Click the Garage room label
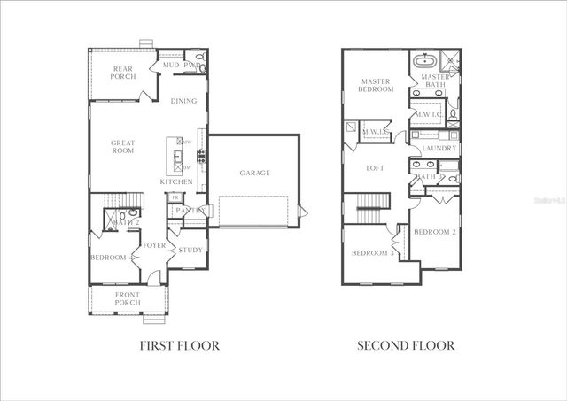click(254, 173)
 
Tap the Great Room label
click(122, 147)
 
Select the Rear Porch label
click(122, 73)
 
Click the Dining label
click(183, 101)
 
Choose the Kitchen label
click(176, 182)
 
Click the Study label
click(190, 251)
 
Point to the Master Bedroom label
click(376, 85)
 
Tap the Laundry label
click(439, 149)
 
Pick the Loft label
click(376, 167)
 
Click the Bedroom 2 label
click(435, 232)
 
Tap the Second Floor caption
click(406, 346)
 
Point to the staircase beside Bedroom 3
click(368, 213)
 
